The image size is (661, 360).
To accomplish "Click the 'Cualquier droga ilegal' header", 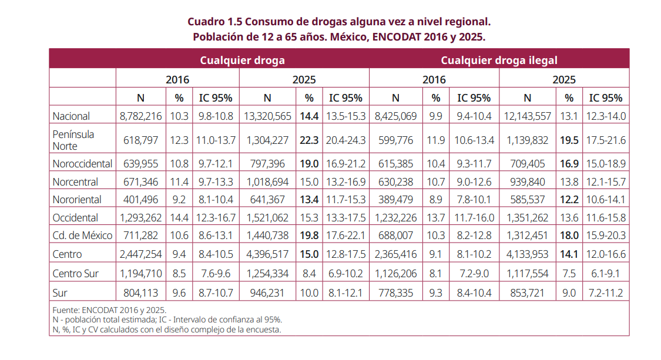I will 499,60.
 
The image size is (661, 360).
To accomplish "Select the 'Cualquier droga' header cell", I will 242,60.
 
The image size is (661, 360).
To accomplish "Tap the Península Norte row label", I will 73,140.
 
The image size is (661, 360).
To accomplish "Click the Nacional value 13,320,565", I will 267,116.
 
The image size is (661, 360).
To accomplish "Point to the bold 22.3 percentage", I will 309,140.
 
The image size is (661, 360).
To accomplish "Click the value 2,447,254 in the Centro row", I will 140,254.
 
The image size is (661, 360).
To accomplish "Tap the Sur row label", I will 59,292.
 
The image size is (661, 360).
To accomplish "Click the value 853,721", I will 527,292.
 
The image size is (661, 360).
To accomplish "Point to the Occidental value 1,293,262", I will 140,217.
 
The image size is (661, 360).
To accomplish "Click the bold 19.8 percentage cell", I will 309,235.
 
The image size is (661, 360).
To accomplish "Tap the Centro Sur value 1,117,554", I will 527,273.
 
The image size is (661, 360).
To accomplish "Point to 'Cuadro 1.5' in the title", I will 214,22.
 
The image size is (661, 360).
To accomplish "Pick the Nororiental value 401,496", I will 140,199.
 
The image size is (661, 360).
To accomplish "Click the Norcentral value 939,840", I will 527,181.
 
